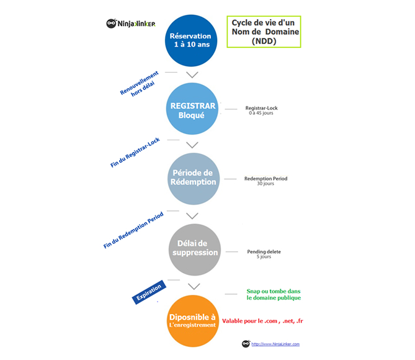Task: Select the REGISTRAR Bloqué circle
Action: point(192,110)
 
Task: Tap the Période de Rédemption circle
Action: point(192,179)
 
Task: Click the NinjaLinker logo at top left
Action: point(130,24)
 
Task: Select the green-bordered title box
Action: point(264,32)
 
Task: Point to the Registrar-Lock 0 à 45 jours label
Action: point(261,110)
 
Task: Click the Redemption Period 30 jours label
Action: point(266,181)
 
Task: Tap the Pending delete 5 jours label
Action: point(264,253)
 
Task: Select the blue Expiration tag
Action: point(148,291)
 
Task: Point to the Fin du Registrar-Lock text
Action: point(135,152)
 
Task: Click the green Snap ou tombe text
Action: point(274,294)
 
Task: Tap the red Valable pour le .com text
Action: point(267,321)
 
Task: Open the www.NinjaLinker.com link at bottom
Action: point(275,344)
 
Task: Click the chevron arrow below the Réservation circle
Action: point(192,75)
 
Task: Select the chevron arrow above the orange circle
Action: point(194,286)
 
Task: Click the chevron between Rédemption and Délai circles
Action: point(192,216)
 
